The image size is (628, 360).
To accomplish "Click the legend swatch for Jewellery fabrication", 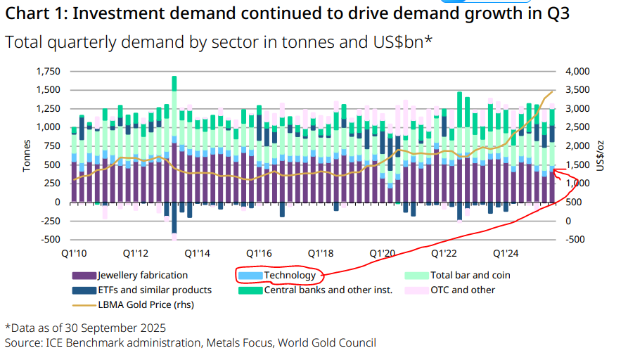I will [x=84, y=276].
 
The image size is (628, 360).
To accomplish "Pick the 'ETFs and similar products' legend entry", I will [x=154, y=290].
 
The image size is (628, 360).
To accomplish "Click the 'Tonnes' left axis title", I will [x=27, y=156].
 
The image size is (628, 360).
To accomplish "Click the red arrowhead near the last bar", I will [x=557, y=171].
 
